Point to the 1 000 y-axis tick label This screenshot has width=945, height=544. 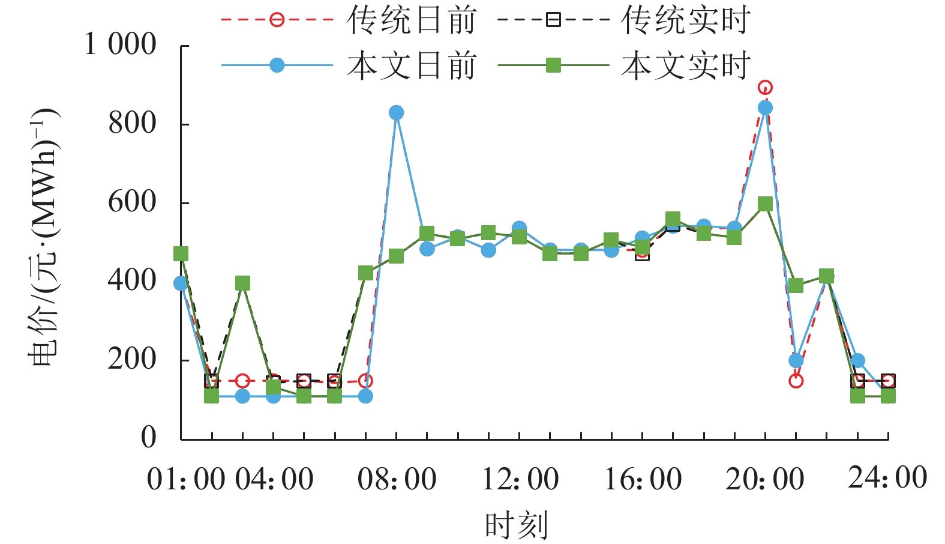tap(120, 44)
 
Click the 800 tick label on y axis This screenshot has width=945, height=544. tap(132, 123)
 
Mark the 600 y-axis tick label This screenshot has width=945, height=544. tap(132, 202)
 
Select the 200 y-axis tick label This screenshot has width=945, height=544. tap(132, 359)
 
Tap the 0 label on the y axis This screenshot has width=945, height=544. tap(148, 437)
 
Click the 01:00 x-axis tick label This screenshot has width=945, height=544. tap(186, 479)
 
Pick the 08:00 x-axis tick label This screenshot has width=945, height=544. tap(397, 479)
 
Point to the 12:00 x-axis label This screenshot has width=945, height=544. tap(520, 479)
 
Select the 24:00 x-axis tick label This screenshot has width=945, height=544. tap(887, 478)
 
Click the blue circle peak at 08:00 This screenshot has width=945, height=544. tap(396, 113)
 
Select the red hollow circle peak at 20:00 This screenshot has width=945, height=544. tap(765, 88)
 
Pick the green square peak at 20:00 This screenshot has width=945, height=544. tap(765, 204)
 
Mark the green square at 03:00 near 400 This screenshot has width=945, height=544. tap(242, 283)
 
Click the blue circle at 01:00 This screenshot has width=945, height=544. tap(181, 283)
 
